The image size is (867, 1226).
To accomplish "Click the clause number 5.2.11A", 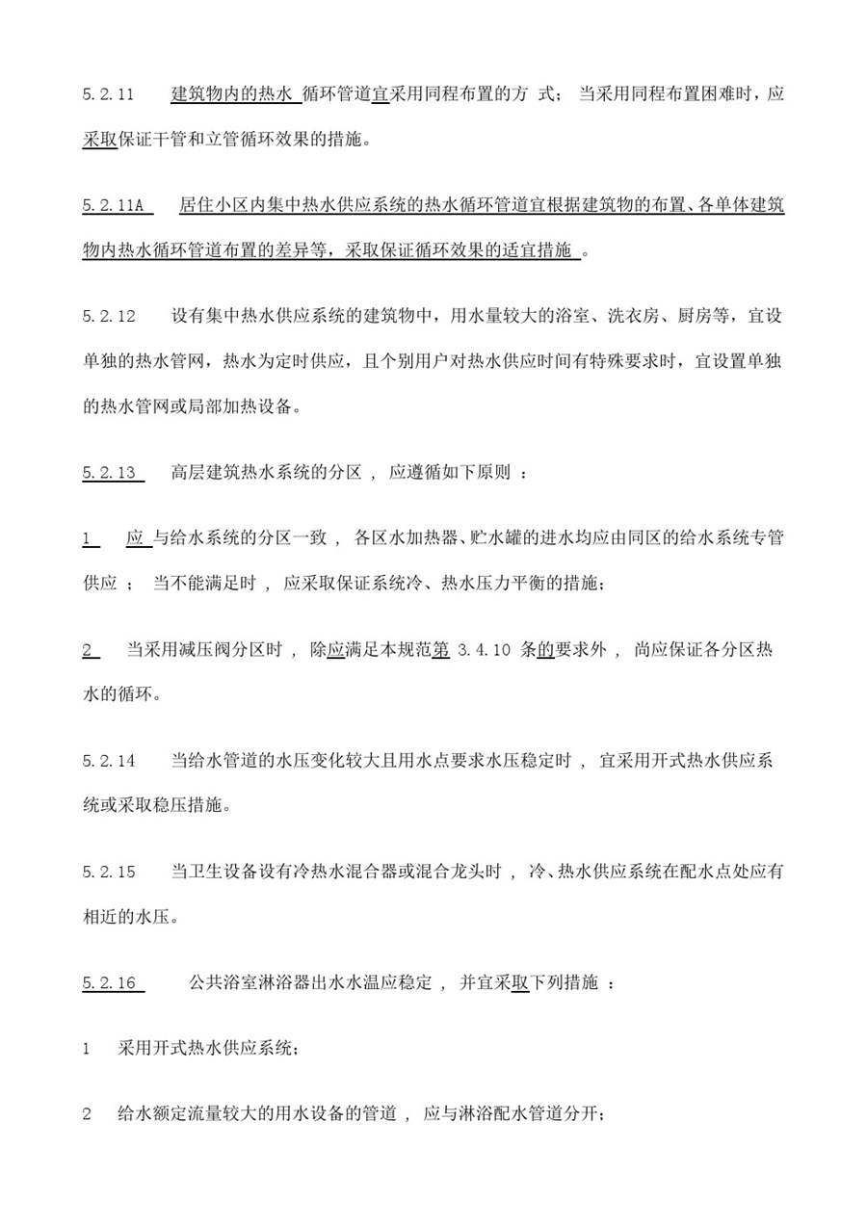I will click(x=113, y=205).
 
